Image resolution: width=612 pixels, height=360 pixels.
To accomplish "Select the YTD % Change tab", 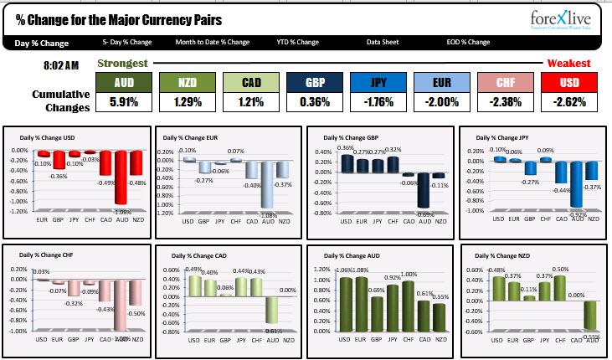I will click(298, 42).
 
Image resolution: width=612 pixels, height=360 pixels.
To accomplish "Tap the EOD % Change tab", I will click(468, 42).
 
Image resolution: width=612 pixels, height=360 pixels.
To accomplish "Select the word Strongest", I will click(123, 63).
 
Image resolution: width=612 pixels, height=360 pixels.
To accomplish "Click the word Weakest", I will click(569, 63).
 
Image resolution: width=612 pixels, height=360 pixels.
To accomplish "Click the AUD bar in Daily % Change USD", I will click(121, 177).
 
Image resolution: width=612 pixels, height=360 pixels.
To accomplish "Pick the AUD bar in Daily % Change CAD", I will click(273, 310).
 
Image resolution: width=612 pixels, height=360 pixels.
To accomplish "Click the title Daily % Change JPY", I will click(502, 137).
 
